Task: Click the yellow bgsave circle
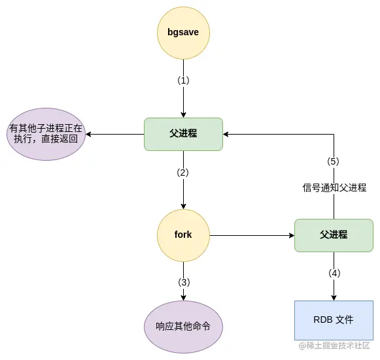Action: tap(183, 33)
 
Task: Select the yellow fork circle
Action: tap(183, 235)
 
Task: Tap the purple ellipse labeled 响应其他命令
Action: tap(183, 326)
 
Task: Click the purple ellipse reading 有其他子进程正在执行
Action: tap(46, 134)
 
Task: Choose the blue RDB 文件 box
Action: tap(334, 320)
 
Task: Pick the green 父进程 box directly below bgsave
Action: tap(183, 134)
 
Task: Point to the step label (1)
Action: tap(183, 81)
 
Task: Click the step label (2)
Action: tap(183, 173)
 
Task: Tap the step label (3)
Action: tap(183, 282)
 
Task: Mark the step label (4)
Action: tap(334, 273)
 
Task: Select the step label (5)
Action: tap(334, 161)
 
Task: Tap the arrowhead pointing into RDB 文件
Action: tap(334, 297)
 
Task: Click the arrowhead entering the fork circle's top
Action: tap(183, 205)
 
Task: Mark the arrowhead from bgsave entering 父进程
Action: tap(183, 114)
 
